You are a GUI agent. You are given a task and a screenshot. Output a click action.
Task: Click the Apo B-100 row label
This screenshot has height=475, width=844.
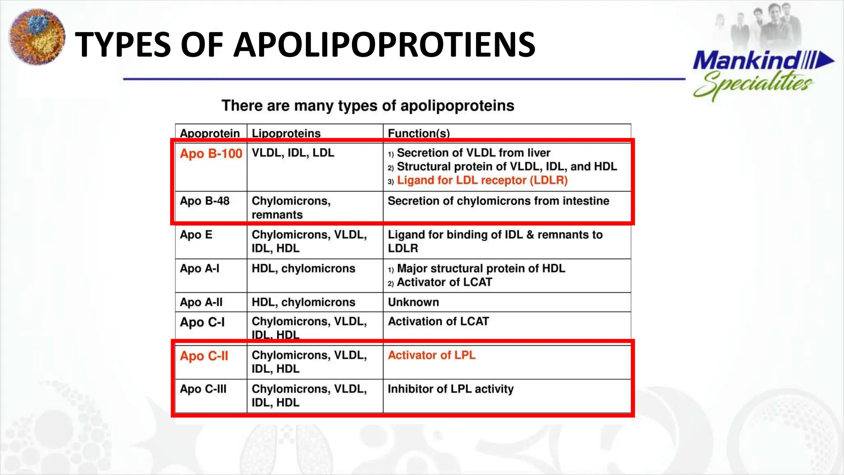[x=211, y=153]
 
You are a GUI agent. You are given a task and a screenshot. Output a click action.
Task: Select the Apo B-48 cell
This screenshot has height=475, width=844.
[x=204, y=201]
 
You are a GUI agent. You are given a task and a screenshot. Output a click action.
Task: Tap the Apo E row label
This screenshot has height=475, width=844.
[x=196, y=235]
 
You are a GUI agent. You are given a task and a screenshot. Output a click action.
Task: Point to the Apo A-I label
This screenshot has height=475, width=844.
[x=199, y=268]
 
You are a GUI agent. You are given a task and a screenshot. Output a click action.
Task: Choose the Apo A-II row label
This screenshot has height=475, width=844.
[x=201, y=302]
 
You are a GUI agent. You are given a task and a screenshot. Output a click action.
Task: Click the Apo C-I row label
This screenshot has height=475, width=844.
[x=202, y=322]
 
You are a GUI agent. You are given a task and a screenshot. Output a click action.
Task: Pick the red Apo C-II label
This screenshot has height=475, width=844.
[x=204, y=356]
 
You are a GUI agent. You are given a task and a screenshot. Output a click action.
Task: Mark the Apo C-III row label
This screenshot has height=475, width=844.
[x=203, y=389]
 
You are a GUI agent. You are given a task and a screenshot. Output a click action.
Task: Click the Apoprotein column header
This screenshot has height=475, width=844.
[x=210, y=133]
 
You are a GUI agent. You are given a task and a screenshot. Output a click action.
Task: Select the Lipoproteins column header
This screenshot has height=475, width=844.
[x=286, y=133]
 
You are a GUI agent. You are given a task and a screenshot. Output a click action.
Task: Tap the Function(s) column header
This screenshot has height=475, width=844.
[x=419, y=133]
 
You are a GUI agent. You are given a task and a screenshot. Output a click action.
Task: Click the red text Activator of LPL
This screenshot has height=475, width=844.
[x=431, y=355]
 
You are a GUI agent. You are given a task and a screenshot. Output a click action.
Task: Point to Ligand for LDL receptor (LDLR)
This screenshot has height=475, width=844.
[x=482, y=180]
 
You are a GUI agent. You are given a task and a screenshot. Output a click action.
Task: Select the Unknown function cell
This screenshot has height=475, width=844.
[x=413, y=302]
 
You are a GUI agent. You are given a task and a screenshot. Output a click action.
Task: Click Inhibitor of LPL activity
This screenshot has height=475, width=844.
[x=450, y=389]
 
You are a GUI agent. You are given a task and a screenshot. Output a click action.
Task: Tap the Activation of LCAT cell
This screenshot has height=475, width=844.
[x=438, y=321]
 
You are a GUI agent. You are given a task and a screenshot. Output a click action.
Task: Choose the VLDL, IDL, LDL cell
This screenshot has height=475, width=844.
[x=293, y=153]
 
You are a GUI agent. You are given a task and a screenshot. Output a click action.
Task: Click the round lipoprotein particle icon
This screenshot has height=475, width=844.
[x=37, y=37]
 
